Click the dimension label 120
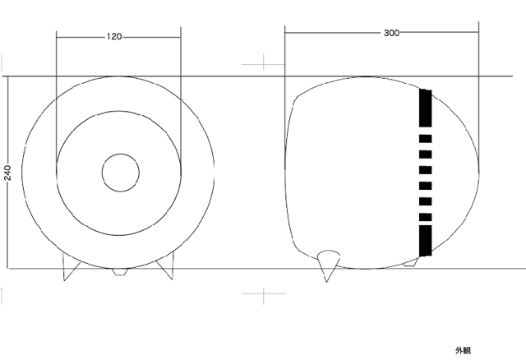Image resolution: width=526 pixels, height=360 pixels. click(114, 36)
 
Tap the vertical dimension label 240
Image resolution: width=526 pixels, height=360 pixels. click(7, 173)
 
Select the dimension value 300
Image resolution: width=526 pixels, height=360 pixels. click(391, 33)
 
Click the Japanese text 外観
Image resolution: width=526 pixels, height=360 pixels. click(463, 351)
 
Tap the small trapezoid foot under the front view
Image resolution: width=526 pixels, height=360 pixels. click(120, 272)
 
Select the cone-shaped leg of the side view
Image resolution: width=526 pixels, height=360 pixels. click(328, 265)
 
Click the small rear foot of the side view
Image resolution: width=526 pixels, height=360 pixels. click(411, 262)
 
